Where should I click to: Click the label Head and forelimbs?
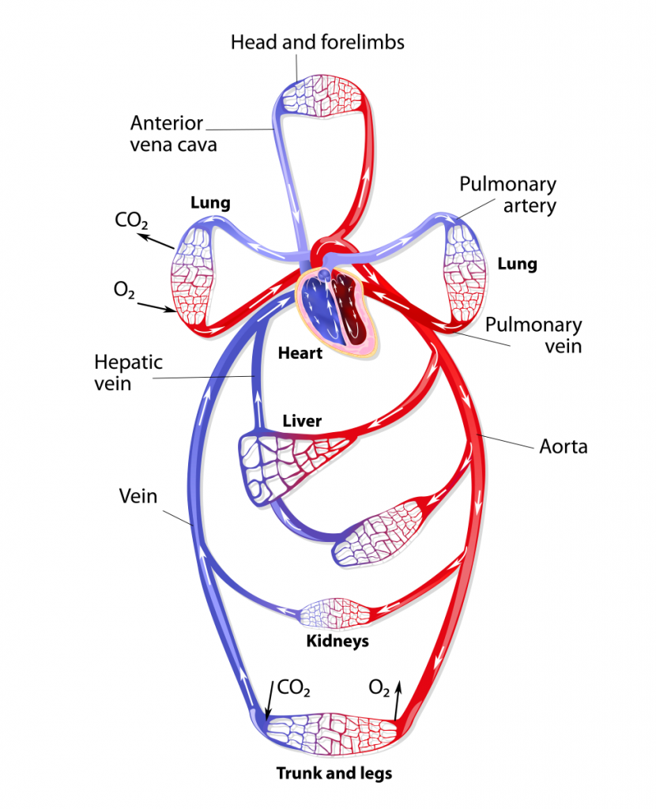click(317, 42)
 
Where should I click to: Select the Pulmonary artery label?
click(508, 194)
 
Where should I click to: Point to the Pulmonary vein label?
click(533, 335)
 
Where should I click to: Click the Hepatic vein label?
click(128, 373)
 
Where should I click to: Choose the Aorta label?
click(563, 446)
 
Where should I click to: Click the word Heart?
click(300, 353)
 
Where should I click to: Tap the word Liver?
click(302, 421)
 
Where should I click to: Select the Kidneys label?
click(337, 641)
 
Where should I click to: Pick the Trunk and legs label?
click(334, 773)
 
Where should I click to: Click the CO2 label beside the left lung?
click(131, 220)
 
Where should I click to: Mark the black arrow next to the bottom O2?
click(398, 698)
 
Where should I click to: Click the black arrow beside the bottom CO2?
click(269, 698)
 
